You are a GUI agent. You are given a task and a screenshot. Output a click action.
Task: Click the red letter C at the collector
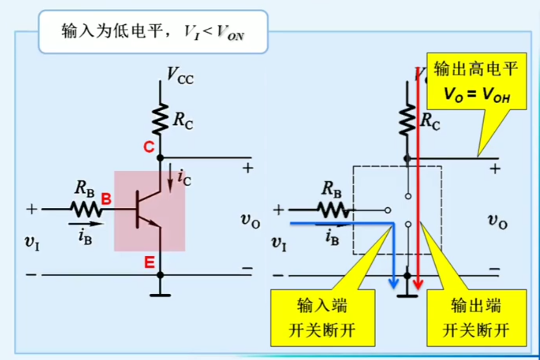point(149,147)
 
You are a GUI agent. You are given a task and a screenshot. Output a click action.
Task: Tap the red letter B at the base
point(106,199)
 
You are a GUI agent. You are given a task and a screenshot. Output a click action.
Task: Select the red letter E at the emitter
point(149,263)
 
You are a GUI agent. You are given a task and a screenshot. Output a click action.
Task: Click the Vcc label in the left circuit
point(180,75)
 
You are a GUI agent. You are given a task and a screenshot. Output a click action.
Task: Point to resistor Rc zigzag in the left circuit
point(160,119)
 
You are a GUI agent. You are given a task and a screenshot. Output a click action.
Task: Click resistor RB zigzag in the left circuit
point(86,209)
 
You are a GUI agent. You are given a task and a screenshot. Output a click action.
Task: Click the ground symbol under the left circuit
point(160,294)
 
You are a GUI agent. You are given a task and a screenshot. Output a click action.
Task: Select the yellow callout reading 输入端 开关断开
point(322,318)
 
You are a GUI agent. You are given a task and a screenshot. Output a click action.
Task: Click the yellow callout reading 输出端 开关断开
point(476,318)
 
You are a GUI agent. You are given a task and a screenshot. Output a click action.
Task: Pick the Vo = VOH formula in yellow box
point(476,95)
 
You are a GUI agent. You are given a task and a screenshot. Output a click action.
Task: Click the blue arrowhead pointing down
point(394,284)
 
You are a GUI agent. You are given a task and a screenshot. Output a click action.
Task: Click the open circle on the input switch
point(387,210)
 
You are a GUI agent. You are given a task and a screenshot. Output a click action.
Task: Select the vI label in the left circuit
point(32,242)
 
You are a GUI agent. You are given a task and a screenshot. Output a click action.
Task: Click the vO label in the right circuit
point(497,221)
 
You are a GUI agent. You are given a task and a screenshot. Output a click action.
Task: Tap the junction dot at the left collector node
point(160,158)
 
